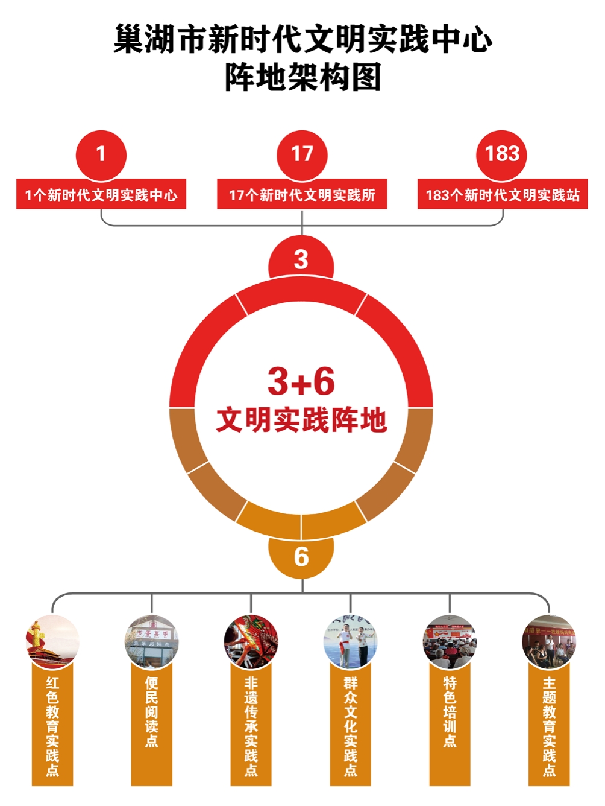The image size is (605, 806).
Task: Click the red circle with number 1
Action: [x=101, y=154]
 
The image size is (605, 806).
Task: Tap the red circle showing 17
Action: [x=302, y=154]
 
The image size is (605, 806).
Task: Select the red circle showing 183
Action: [x=502, y=154]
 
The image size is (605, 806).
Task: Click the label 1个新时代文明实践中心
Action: [x=101, y=195]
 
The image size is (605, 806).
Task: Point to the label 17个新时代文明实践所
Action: [x=302, y=195]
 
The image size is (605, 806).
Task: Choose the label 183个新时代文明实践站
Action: [x=503, y=195]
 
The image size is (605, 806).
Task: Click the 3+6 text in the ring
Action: [x=301, y=381]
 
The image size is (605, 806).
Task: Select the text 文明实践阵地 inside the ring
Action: [x=301, y=420]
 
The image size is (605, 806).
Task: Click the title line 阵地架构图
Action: [x=302, y=77]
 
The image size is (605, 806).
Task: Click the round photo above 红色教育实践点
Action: [x=52, y=642]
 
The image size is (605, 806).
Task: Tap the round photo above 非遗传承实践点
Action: [x=251, y=642]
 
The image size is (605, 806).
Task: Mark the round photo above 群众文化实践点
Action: [x=351, y=642]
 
